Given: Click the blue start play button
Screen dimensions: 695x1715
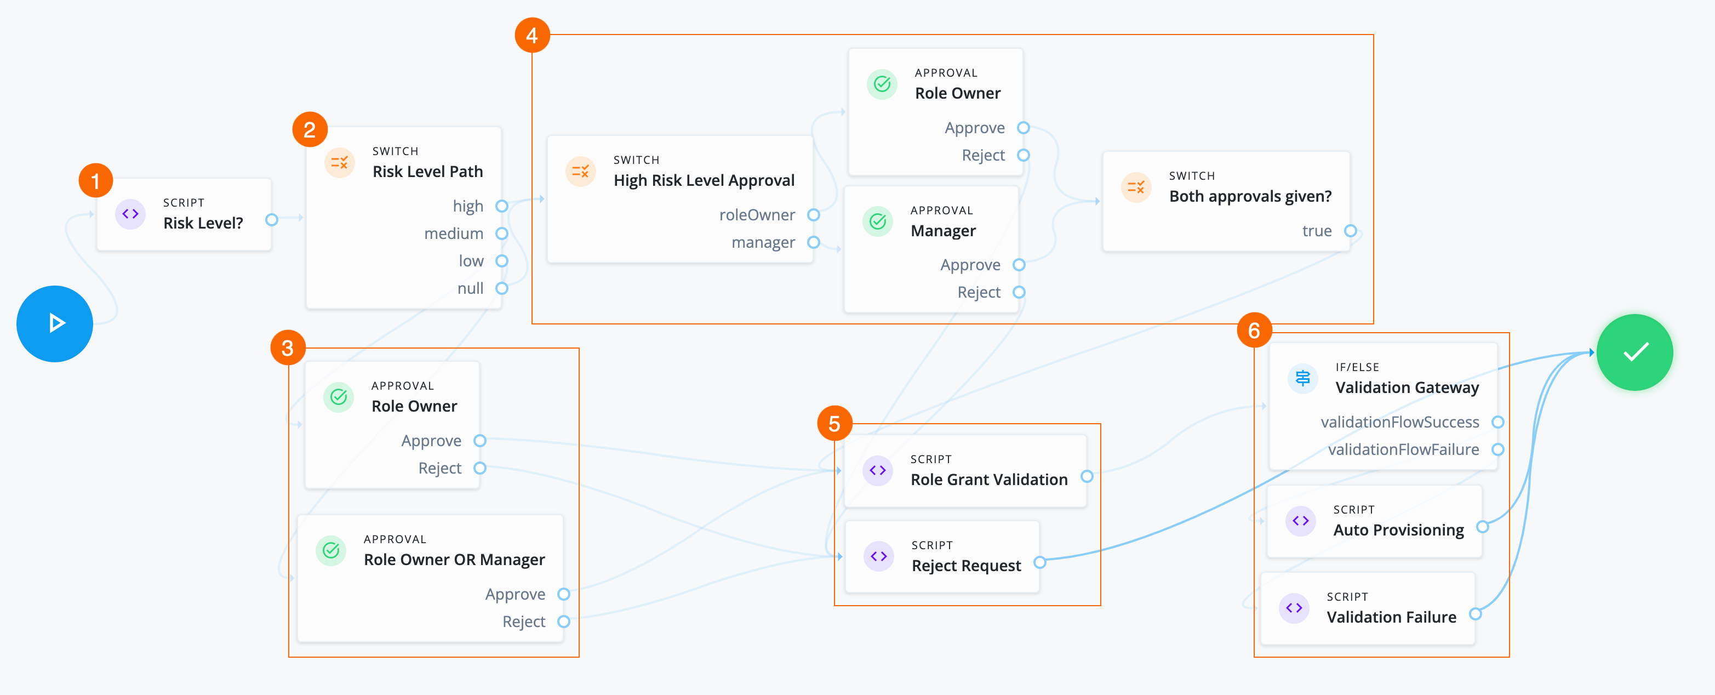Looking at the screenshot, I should pos(55,323).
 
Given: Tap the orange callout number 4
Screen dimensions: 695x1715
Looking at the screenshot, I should pos(532,35).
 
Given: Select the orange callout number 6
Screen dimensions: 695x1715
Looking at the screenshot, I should pos(1254,330).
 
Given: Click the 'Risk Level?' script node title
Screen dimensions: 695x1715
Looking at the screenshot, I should pos(203,223).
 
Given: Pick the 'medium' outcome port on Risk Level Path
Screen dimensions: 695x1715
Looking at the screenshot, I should pos(502,233).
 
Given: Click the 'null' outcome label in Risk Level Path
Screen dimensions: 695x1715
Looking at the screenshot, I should pos(470,288).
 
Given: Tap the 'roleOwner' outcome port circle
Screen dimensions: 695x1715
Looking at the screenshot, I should pos(813,215).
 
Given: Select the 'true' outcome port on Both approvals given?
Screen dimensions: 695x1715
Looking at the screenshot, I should pos(1350,231).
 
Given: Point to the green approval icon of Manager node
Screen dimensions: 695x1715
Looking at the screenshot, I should pos(877,221).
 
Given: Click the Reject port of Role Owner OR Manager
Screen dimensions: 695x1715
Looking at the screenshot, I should pos(563,622).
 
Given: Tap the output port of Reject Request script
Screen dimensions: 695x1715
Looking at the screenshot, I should pos(1039,562).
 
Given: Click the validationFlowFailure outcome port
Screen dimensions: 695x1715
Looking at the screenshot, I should pos(1497,450).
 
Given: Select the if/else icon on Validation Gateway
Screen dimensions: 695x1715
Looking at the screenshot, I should pos(1302,378).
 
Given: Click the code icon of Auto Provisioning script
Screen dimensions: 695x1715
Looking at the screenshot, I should pos(1300,521).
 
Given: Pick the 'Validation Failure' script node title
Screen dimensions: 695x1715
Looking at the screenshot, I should pos(1391,617).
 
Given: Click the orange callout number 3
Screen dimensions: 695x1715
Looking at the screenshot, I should pos(288,348).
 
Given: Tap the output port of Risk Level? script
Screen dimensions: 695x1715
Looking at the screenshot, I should pos(271,220).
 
